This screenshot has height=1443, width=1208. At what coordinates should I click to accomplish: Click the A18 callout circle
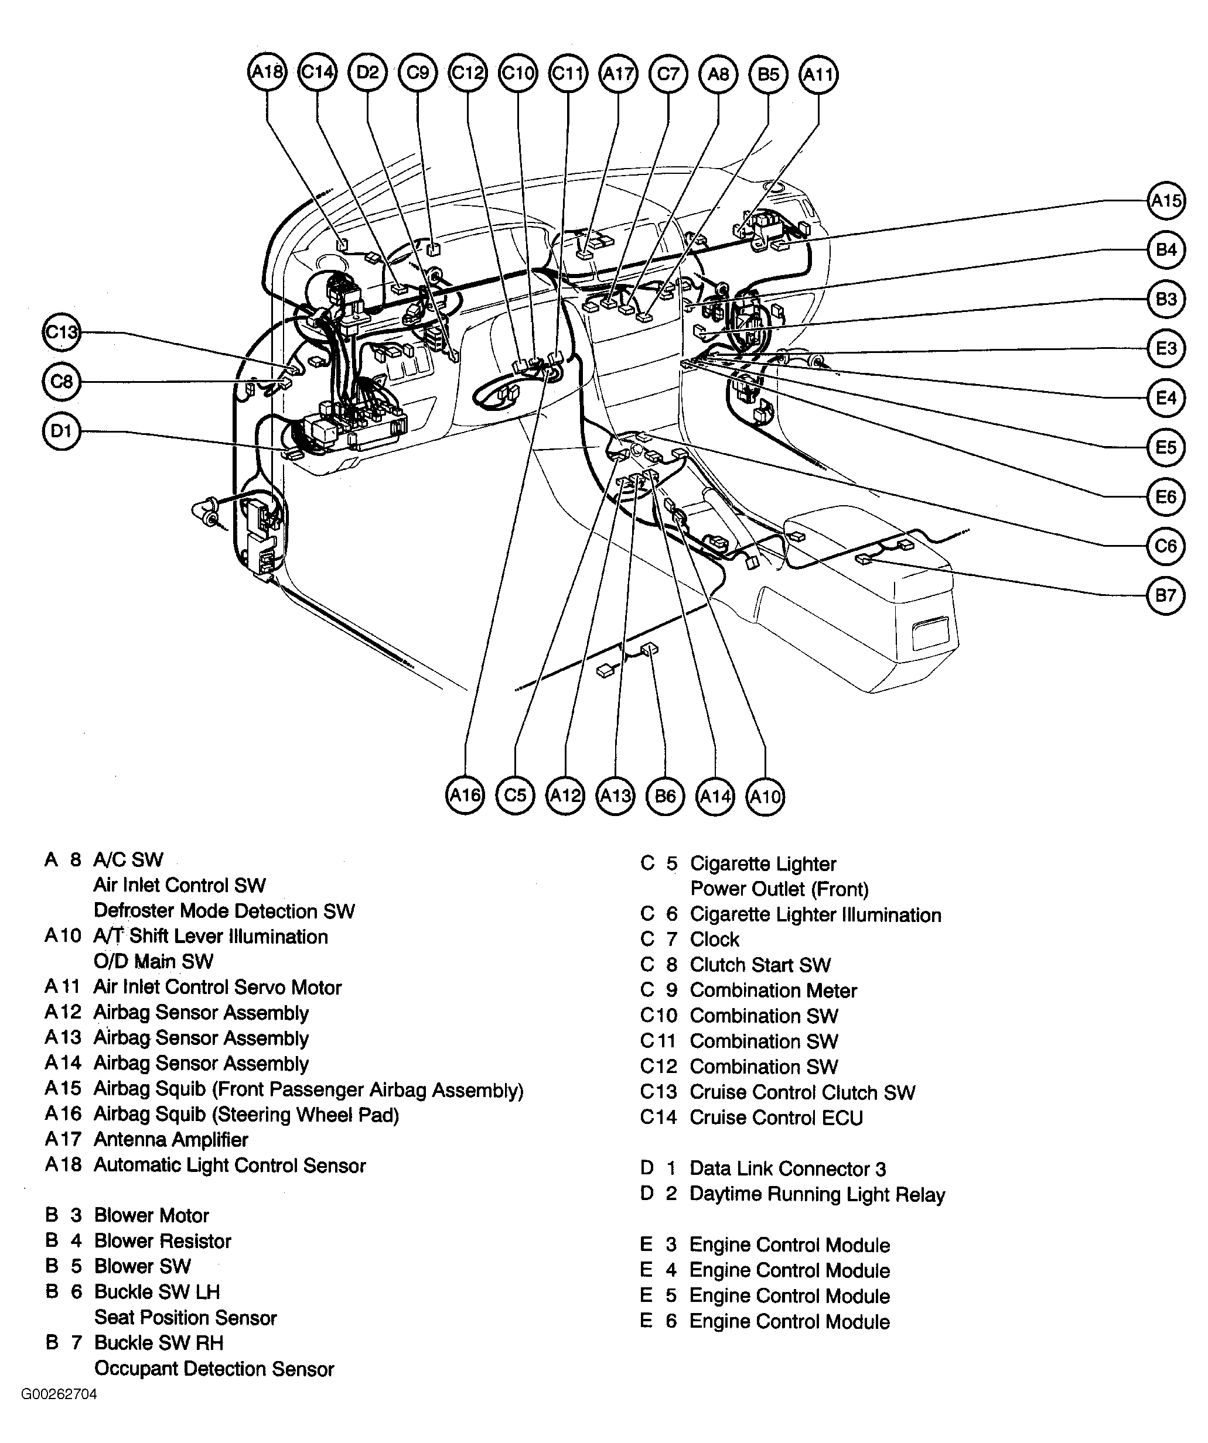tap(267, 72)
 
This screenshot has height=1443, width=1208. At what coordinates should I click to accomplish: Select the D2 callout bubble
tap(368, 72)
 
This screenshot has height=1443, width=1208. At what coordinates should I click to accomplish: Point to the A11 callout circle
tap(818, 74)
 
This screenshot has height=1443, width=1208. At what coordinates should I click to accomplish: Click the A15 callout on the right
tap(1166, 201)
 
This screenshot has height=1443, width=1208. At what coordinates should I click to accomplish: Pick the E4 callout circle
tap(1166, 398)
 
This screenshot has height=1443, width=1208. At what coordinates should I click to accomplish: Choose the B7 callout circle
tap(1165, 595)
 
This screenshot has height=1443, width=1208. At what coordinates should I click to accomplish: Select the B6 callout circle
tap(666, 796)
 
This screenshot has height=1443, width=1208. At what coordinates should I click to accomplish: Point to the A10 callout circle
tap(765, 796)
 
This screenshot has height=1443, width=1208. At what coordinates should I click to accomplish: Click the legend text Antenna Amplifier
tap(170, 1140)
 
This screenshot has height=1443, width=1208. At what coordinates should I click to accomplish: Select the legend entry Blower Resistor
tap(162, 1241)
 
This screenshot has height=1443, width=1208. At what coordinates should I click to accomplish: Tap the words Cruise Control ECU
tap(776, 1118)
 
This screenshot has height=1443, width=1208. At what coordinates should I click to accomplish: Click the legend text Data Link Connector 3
tap(787, 1169)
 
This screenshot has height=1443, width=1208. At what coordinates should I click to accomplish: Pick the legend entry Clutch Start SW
tap(760, 965)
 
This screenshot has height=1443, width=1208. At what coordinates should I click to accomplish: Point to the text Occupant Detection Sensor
tap(214, 1369)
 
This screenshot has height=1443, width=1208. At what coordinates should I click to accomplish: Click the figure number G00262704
tap(59, 1414)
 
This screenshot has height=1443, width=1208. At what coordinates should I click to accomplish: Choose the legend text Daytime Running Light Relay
tap(817, 1194)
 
